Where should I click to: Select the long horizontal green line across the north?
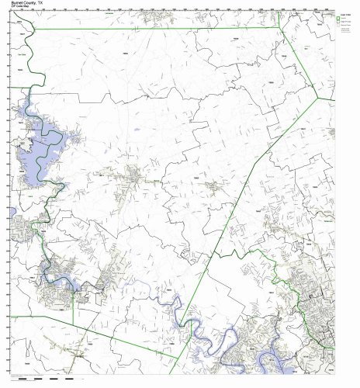point(155,29)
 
